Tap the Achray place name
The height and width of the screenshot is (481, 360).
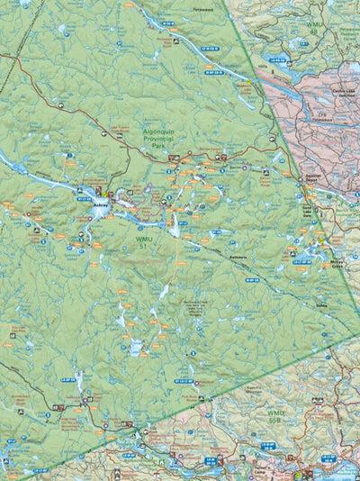(x=100, y=204)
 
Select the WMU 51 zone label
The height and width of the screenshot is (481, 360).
(x=140, y=242)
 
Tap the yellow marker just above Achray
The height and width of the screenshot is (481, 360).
(x=105, y=193)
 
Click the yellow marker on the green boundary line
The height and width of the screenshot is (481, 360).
(x=247, y=84)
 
